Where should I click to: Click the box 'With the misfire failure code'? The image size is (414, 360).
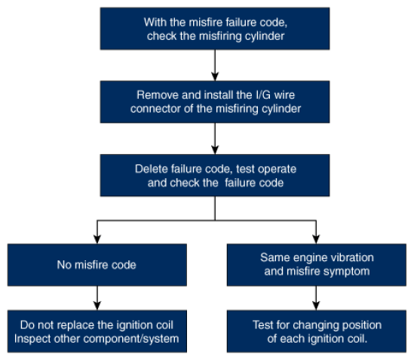pyautogui.click(x=215, y=29)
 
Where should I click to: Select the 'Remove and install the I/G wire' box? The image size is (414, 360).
pyautogui.click(x=215, y=102)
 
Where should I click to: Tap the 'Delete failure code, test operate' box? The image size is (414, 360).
pyautogui.click(x=215, y=175)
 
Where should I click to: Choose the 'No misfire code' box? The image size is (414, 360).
pyautogui.click(x=97, y=265)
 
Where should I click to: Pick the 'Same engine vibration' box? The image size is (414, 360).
pyautogui.click(x=316, y=265)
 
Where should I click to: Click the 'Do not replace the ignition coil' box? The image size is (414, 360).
pyautogui.click(x=97, y=331)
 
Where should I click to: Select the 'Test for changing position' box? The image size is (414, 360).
pyautogui.click(x=316, y=331)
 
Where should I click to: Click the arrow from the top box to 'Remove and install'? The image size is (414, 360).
pyautogui.click(x=215, y=65)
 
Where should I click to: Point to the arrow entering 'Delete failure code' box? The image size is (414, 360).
pyautogui.click(x=215, y=139)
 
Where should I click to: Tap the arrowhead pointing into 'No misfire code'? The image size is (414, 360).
pyautogui.click(x=97, y=239)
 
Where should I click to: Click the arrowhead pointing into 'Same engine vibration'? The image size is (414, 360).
pyautogui.click(x=316, y=239)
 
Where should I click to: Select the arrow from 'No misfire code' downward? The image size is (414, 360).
pyautogui.click(x=97, y=298)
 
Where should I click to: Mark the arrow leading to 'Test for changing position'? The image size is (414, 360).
pyautogui.click(x=316, y=298)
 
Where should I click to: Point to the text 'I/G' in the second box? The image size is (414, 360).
pyautogui.click(x=263, y=95)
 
